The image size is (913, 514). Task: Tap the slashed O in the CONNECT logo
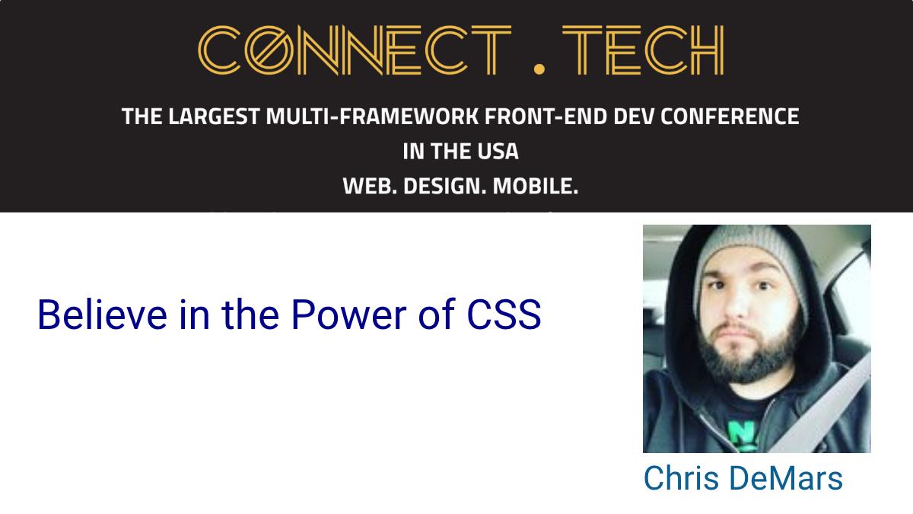[269, 50]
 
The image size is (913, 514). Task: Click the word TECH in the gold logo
[643, 50]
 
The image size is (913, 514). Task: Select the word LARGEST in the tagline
[214, 117]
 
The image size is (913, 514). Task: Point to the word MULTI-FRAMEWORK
[372, 117]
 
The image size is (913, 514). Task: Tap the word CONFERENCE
[730, 117]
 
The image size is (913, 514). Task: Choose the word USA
[498, 152]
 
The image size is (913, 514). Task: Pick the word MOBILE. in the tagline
[536, 187]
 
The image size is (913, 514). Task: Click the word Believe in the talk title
[102, 314]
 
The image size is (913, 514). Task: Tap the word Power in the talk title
[349, 314]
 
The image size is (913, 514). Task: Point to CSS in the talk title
[504, 314]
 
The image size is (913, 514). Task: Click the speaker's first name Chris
[681, 478]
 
